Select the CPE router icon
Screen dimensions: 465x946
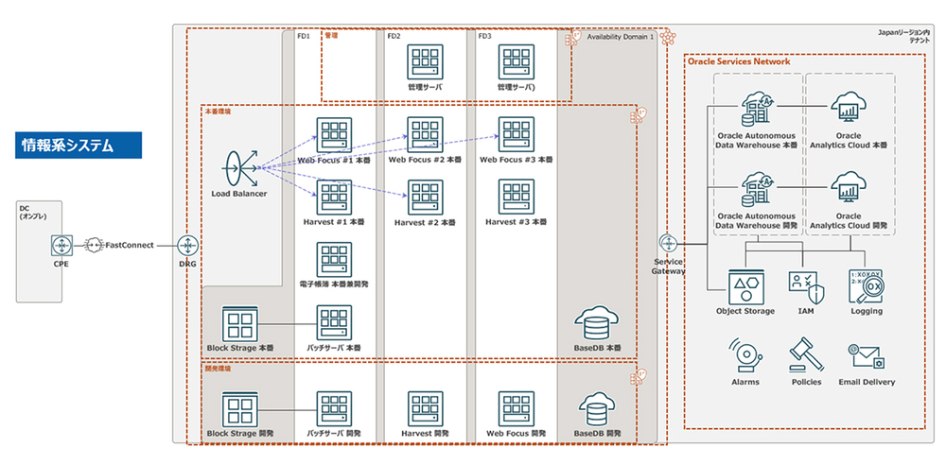pos(62,244)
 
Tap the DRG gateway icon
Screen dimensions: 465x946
pos(187,244)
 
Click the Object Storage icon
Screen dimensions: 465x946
pos(745,284)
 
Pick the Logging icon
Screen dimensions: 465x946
pos(867,284)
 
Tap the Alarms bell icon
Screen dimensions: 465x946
pos(745,357)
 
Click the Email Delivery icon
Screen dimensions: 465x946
pos(867,357)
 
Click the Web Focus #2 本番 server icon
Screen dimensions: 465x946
pos(425,134)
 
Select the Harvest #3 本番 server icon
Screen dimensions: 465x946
pos(516,198)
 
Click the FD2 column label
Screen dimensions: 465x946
pos(394,36)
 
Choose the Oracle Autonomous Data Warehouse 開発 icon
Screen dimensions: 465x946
pos(757,190)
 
